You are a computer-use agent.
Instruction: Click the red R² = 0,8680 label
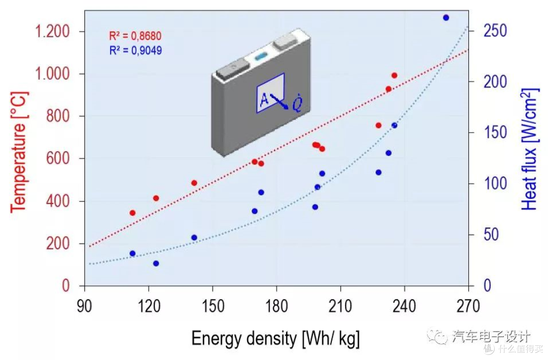pos(135,36)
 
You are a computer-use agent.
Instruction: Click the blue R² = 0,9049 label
pos(135,50)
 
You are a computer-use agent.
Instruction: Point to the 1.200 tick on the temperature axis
pos(52,31)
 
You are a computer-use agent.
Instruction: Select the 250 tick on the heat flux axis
pos(495,31)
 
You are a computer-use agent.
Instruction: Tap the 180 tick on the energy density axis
pos(277,306)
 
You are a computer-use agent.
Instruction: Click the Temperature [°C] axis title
pos(19,152)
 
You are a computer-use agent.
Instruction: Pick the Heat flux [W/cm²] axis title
pos(530,149)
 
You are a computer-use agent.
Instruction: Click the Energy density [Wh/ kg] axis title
pos(276,339)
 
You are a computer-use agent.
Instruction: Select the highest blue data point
pos(446,18)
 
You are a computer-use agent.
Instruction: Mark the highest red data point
pos(395,76)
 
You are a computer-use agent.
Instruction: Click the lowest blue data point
pos(156,264)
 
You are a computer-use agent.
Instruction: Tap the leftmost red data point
pos(132,213)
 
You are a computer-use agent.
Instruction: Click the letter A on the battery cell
pos(264,100)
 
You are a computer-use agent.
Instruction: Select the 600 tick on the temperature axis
pos(58,158)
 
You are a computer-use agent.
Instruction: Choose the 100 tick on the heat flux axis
pos(495,184)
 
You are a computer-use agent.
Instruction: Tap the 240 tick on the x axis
pos(404,306)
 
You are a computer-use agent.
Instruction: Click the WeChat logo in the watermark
pos(437,336)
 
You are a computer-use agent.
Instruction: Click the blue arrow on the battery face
pos(279,102)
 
